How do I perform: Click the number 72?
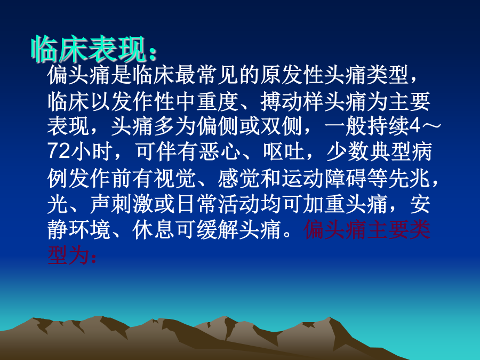[59, 151]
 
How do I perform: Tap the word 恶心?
[219, 151]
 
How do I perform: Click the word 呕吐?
[284, 151]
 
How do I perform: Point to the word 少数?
[347, 151]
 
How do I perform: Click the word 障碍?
[346, 178]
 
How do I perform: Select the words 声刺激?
[122, 204]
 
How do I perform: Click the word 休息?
[154, 229]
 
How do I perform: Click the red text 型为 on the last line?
[68, 255]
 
